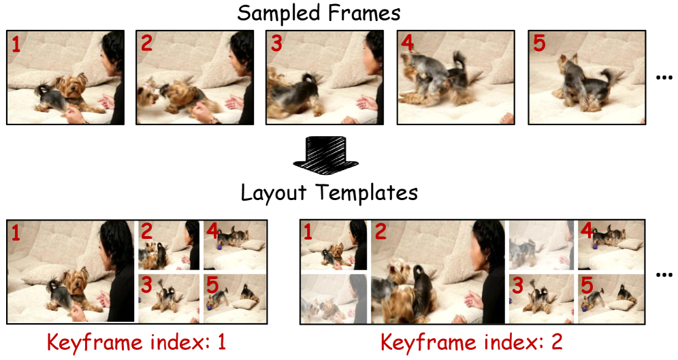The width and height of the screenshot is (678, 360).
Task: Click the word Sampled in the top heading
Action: pos(278,13)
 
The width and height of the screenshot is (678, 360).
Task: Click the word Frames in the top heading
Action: pos(364,12)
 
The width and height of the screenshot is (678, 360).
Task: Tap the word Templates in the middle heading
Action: pos(367,193)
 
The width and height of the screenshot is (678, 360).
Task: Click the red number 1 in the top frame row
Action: pos(16,44)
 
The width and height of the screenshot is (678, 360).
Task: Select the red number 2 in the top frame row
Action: pos(146,44)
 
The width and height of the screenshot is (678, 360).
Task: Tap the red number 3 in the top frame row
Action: pos(276,44)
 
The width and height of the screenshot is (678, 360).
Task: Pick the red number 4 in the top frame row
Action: pos(407,43)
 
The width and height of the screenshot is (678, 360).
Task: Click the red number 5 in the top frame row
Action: pos(539,44)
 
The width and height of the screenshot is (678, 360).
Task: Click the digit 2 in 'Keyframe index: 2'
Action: pos(556,342)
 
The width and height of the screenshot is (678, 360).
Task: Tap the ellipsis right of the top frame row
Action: pos(664,78)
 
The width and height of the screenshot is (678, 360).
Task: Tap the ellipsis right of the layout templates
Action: pos(664,274)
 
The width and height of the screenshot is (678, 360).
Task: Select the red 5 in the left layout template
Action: pos(212,285)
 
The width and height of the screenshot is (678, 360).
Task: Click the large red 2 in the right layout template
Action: pos(381,232)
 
